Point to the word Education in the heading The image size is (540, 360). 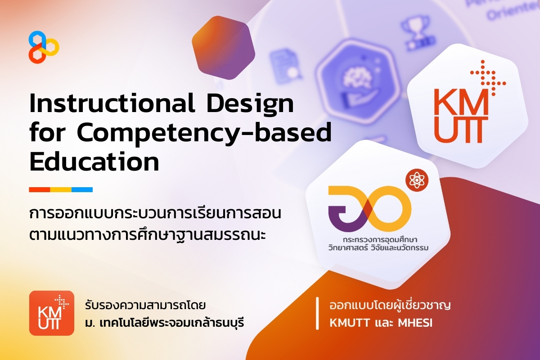point(94,162)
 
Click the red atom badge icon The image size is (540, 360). point(416,180)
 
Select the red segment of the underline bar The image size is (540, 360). point(39,189)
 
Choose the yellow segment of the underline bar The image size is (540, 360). point(61,189)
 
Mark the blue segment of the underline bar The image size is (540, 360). point(82,189)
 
